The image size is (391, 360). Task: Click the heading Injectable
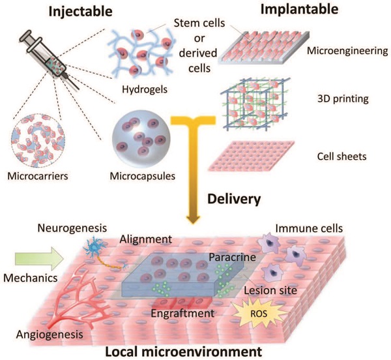81,12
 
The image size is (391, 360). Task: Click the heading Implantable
299,10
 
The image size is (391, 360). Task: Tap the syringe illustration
49,59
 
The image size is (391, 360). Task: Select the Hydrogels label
145,89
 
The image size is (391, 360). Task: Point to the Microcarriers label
38,176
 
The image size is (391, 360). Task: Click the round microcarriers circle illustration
38,140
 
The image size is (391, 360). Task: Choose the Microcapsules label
143,176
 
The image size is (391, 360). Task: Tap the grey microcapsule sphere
141,138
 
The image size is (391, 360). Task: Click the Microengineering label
347,51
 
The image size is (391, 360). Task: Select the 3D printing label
343,99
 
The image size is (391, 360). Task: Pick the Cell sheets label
341,157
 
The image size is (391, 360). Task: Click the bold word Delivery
234,199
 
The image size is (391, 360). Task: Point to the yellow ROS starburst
259,314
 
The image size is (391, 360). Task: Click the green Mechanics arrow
39,259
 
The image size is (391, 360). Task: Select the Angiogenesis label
50,335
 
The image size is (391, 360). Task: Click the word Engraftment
182,314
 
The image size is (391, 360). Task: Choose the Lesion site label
270,290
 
